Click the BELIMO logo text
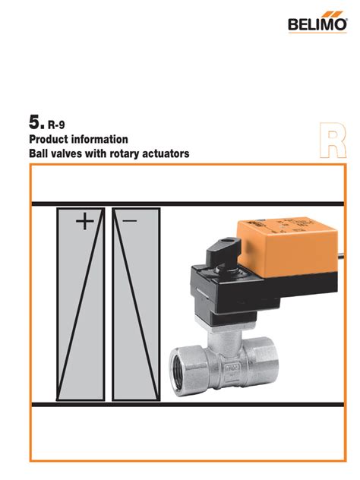[x=317, y=24]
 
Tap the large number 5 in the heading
[x=35, y=122]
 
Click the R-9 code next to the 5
[x=56, y=125]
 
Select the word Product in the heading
[x=49, y=139]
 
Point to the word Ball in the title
[x=38, y=153]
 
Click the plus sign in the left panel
[x=85, y=221]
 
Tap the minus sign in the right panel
[x=129, y=220]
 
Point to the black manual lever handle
[x=223, y=251]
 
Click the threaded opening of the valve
[x=180, y=371]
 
